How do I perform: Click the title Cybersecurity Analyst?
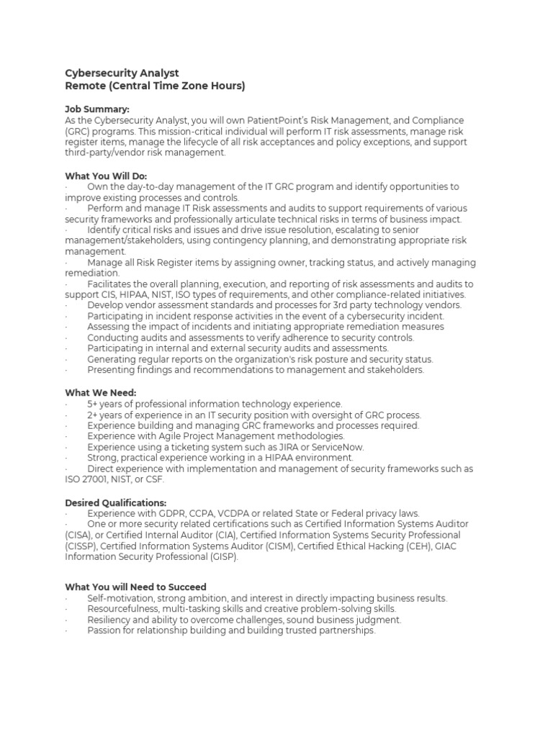tap(122, 73)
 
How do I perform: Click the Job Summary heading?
tap(97, 109)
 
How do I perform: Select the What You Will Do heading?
tap(106, 176)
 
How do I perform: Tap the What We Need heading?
tap(100, 393)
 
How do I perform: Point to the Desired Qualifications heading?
tap(115, 502)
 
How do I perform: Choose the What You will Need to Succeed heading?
tap(135, 587)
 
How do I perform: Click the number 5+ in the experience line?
tap(94, 404)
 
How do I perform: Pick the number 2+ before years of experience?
tap(94, 415)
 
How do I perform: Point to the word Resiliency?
tap(109, 620)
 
